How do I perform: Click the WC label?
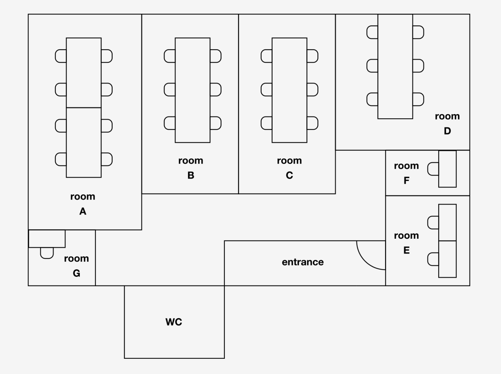point(174,322)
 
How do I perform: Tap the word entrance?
point(302,262)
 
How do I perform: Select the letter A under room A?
point(83,211)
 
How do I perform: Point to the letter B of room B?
point(191,175)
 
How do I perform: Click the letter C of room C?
point(289,175)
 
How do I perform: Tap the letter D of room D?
point(447,131)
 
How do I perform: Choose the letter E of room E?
point(406,250)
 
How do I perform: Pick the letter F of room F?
point(406,180)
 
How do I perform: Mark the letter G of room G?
point(76,273)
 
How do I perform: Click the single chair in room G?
point(47,253)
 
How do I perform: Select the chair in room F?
point(433,169)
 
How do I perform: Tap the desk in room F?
point(447,169)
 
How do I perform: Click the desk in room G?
point(47,239)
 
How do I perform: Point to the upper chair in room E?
point(433,223)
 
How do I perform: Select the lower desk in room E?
point(447,259)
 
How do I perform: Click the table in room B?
point(193,90)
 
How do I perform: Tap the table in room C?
point(289,90)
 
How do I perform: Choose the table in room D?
point(395,67)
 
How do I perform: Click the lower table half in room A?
point(84,142)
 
